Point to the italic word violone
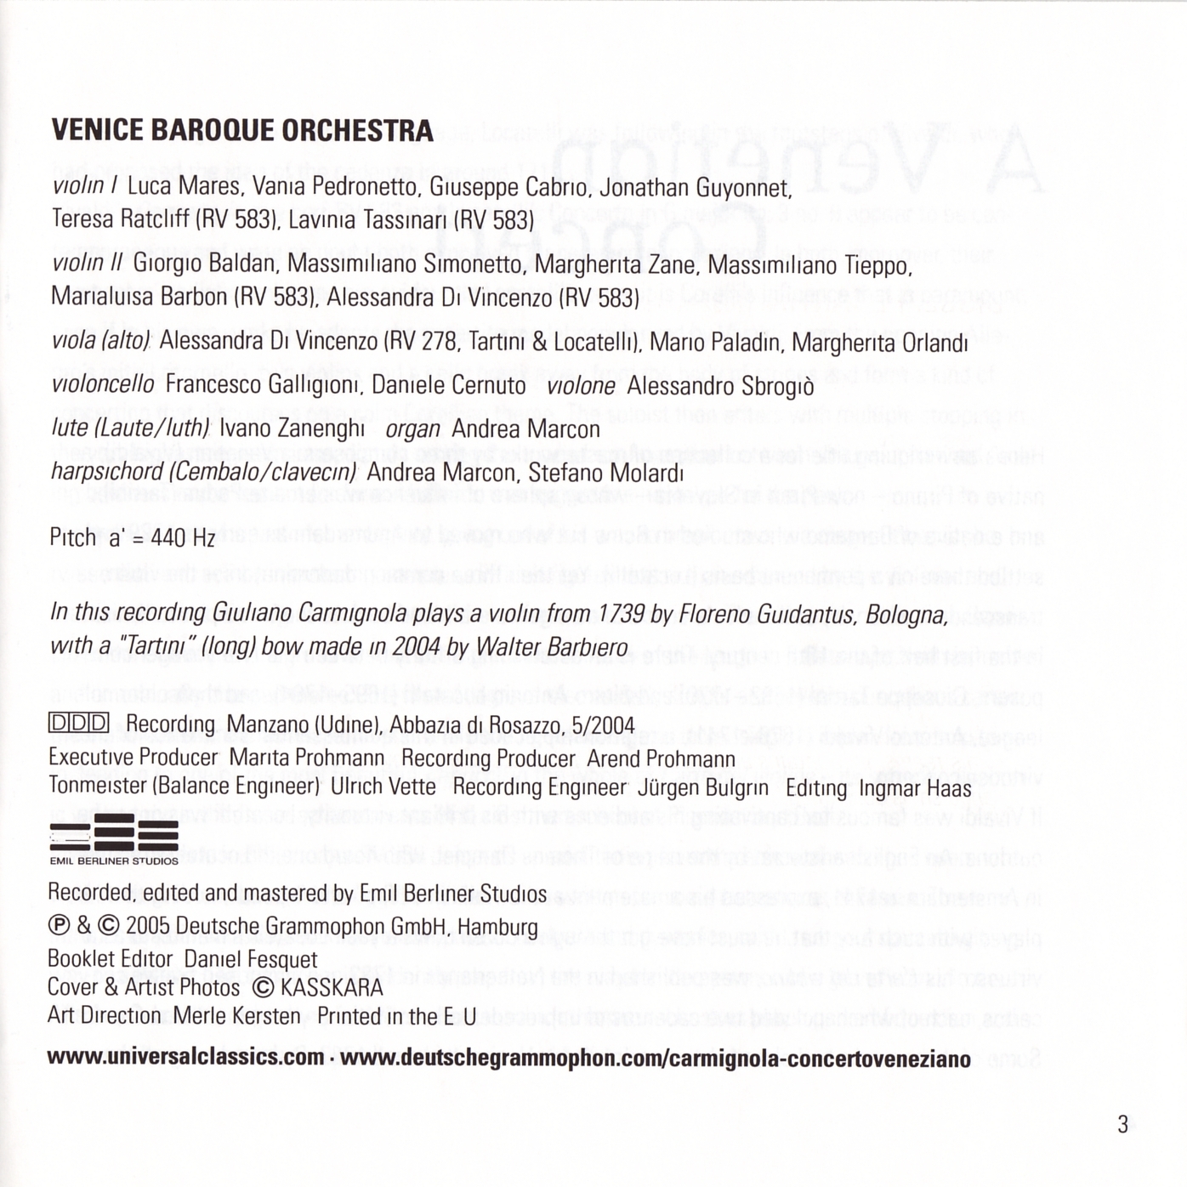coord(581,386)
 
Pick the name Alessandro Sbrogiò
coord(720,387)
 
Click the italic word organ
coord(412,429)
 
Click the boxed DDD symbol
coord(79,724)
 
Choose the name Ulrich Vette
coord(383,787)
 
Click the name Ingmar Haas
coord(915,789)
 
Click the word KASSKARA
coord(332,988)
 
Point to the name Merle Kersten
coord(236,1016)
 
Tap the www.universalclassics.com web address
coord(186,1059)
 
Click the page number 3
coord(1122,1125)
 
